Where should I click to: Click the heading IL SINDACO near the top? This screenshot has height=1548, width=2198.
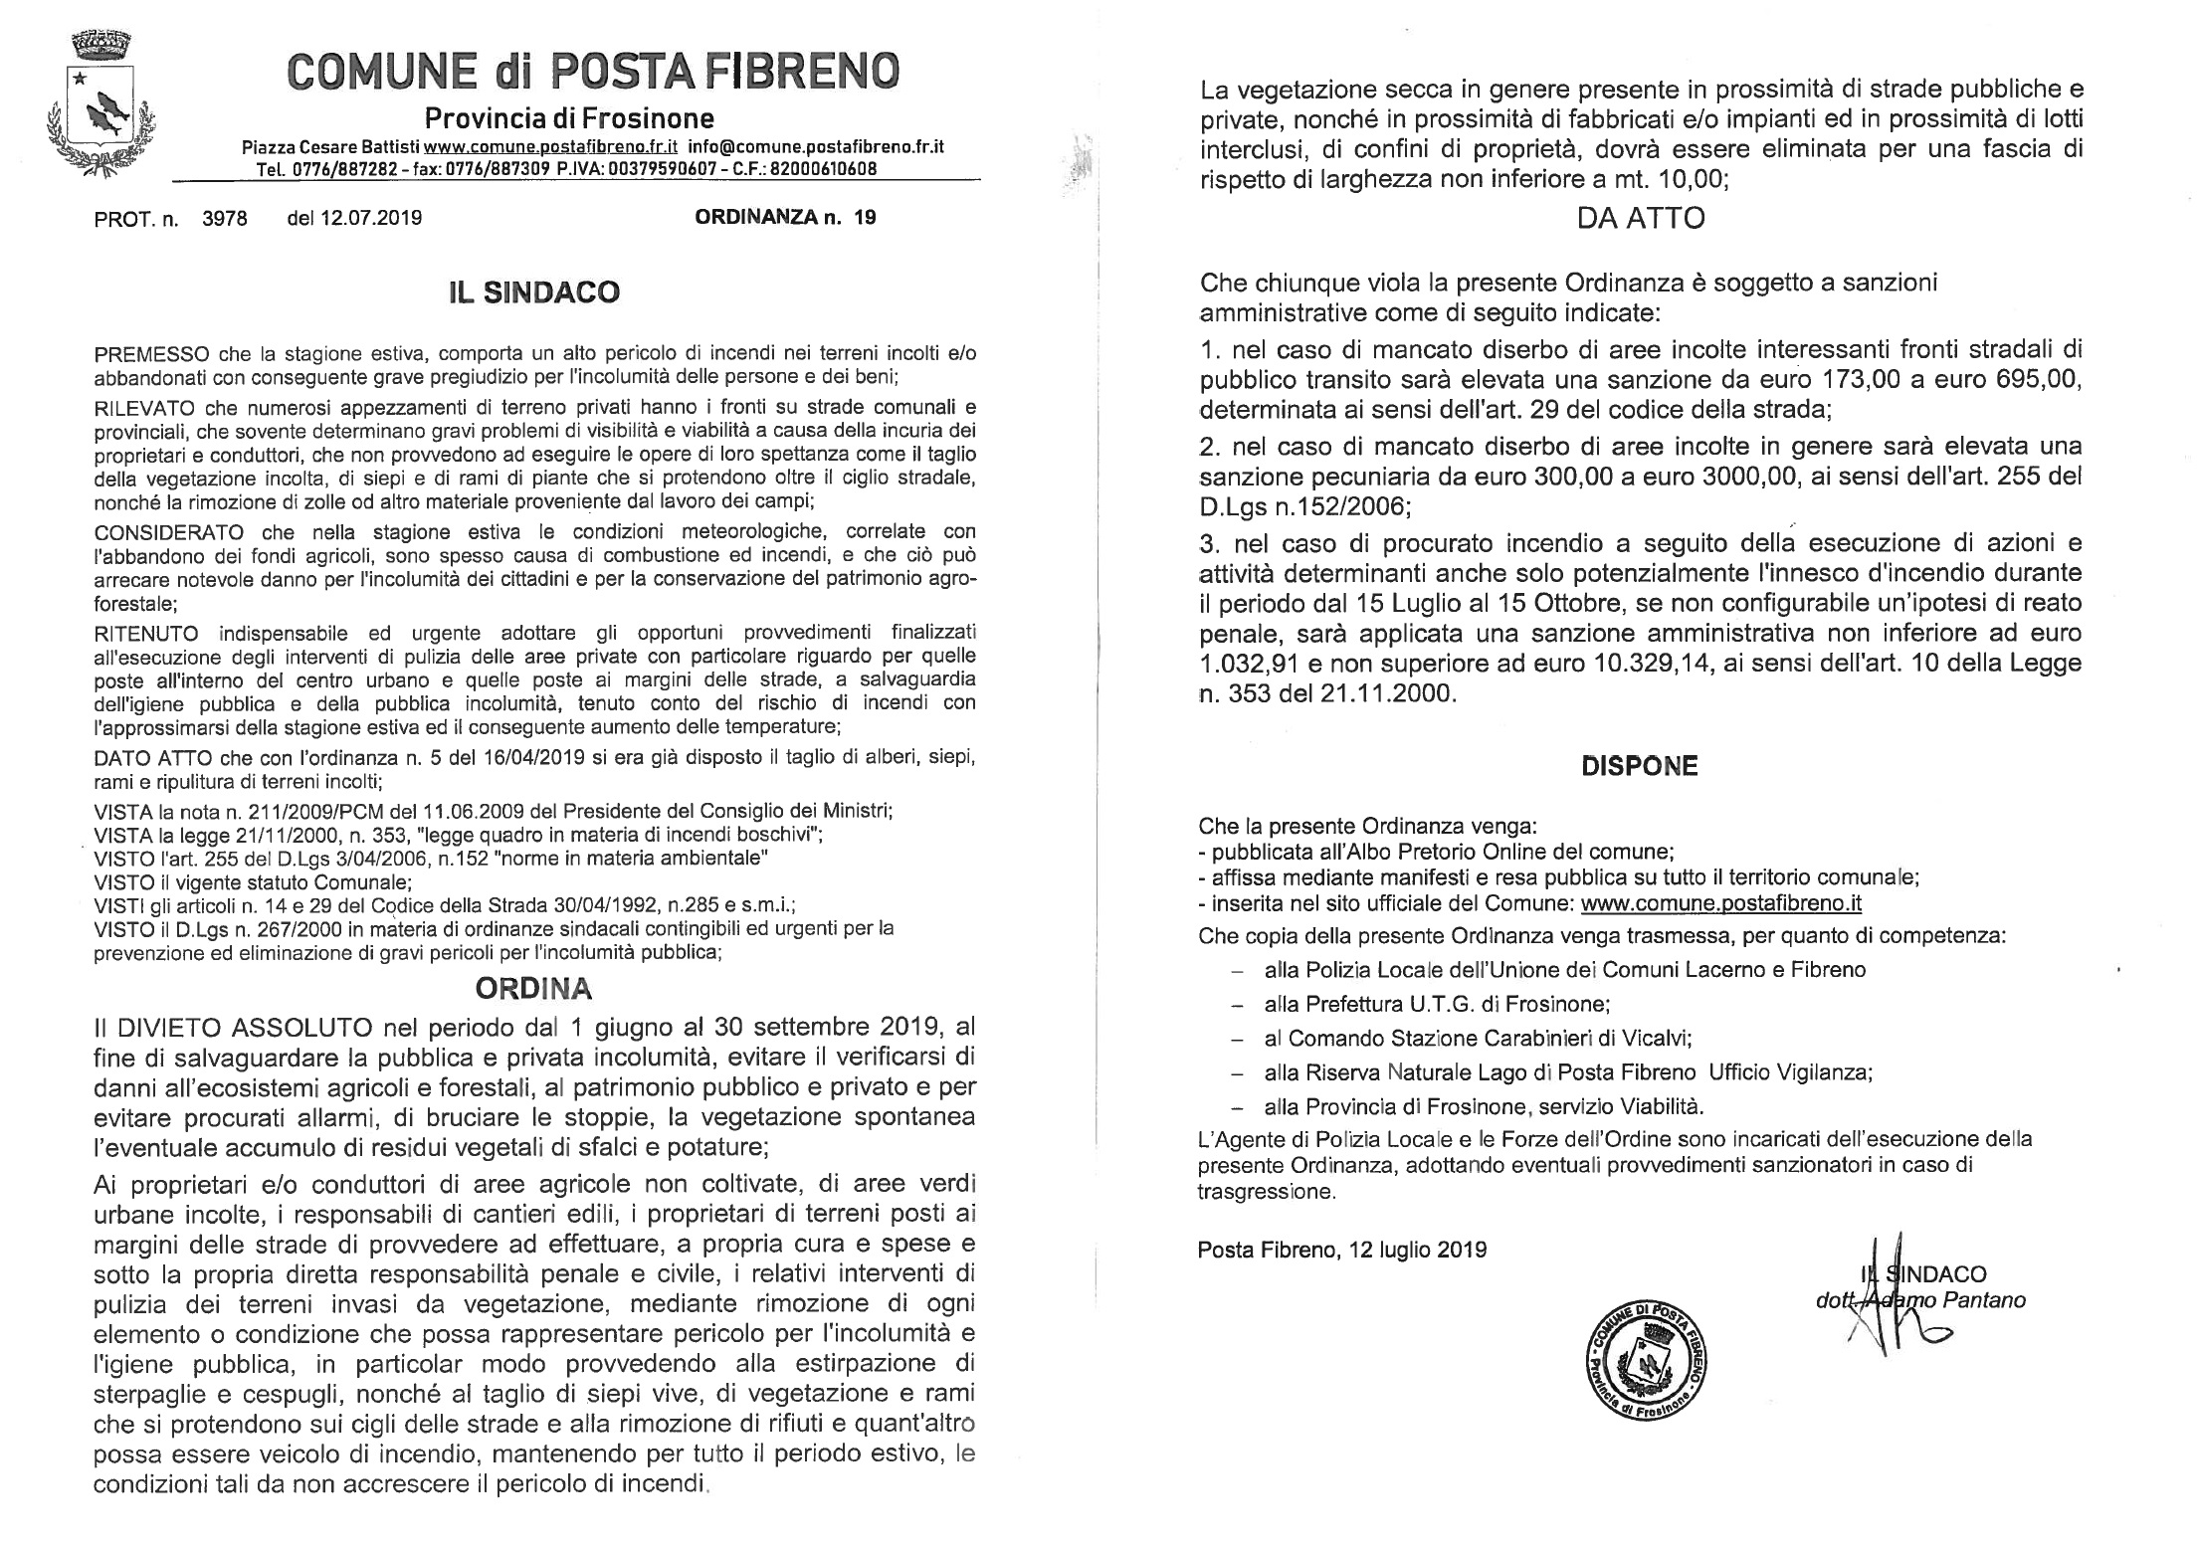533,291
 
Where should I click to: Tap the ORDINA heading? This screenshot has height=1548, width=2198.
533,988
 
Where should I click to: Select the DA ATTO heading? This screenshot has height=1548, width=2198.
1640,218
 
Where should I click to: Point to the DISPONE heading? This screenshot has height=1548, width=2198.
1640,766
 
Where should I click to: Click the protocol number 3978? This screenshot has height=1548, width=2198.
224,218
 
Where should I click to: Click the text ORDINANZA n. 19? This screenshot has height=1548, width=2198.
785,217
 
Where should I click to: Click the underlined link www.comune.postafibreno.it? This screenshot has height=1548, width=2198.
1720,903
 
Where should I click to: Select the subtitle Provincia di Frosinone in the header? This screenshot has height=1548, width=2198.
569,119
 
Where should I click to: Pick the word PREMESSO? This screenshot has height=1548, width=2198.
151,354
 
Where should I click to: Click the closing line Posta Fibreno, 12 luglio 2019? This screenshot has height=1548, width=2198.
1341,1249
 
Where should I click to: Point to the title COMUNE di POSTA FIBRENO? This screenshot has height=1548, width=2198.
593,70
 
